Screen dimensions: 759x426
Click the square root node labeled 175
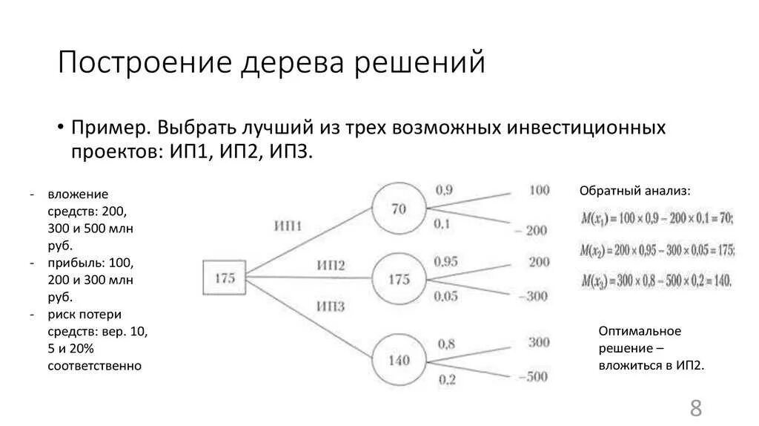click(x=225, y=279)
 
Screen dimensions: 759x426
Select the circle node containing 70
click(x=399, y=209)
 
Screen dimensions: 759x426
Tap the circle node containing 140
click(x=399, y=361)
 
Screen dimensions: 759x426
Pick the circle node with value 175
click(x=399, y=280)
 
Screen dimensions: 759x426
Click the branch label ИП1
click(x=288, y=226)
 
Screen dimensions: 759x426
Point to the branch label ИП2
click(x=331, y=265)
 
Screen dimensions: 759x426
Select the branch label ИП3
click(x=331, y=305)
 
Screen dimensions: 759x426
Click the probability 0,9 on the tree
click(x=443, y=190)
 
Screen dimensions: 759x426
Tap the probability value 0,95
click(x=446, y=261)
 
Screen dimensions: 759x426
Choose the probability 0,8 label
click(x=446, y=343)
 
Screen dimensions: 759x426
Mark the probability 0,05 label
click(x=446, y=296)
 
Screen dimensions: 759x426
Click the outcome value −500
click(x=532, y=376)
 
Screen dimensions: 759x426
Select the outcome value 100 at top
click(x=539, y=190)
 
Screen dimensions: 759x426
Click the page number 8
click(x=695, y=407)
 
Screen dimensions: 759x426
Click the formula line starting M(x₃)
click(x=656, y=281)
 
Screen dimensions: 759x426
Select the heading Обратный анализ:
click(x=634, y=191)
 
